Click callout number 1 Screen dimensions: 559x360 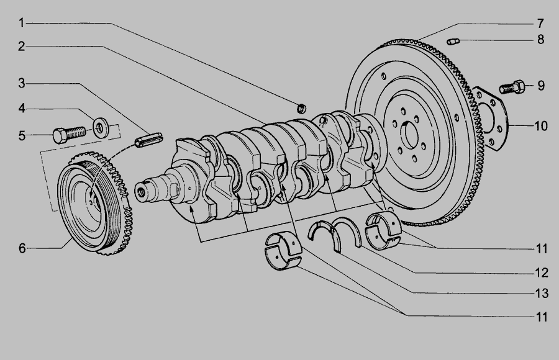[x=21, y=23]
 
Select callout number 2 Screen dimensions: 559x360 [x=21, y=47]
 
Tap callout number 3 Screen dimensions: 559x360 [x=22, y=83]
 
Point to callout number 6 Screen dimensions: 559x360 [x=22, y=248]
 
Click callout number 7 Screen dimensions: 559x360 [x=540, y=24]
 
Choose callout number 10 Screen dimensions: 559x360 [x=541, y=126]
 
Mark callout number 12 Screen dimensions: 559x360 [x=542, y=272]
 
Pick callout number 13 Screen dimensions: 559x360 [x=542, y=294]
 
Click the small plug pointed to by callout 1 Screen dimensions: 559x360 [x=302, y=108]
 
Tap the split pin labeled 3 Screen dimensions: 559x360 [x=148, y=138]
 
